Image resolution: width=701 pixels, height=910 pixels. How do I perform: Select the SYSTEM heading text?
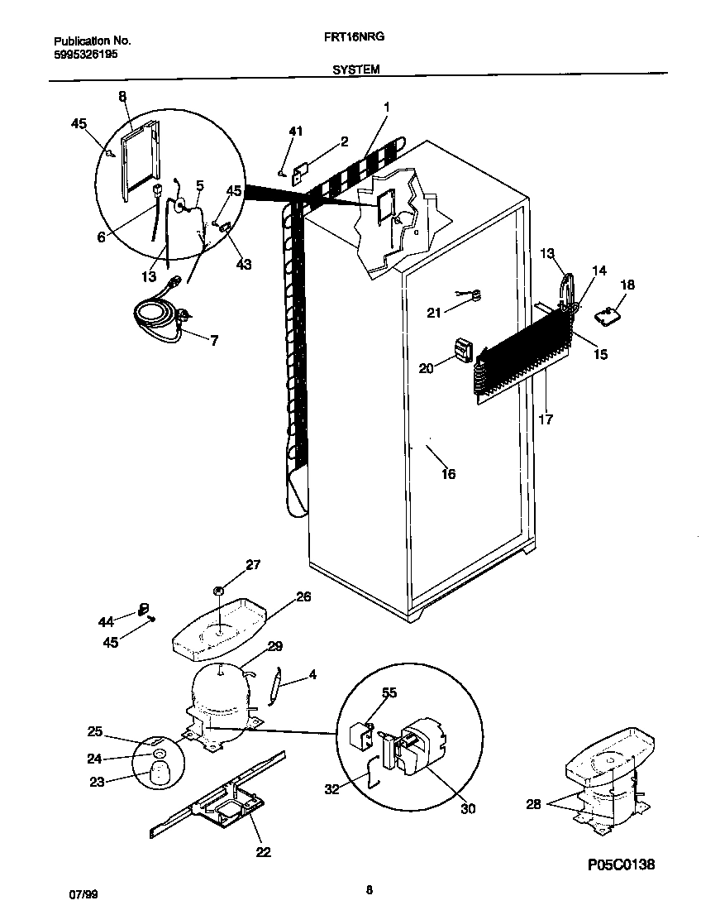(x=356, y=70)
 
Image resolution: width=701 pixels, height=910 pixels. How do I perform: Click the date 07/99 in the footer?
(x=79, y=895)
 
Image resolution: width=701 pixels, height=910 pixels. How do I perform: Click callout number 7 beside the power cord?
(x=214, y=341)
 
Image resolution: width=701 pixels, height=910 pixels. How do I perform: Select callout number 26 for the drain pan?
(x=303, y=596)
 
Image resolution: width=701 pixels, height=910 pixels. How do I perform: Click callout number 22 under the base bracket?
(x=263, y=852)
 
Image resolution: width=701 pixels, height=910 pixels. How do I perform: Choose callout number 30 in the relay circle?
(x=467, y=809)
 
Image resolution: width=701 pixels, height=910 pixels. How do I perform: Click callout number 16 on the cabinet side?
(x=448, y=474)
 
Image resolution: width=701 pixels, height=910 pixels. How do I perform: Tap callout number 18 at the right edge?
(x=627, y=285)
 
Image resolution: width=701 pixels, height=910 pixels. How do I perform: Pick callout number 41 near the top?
(x=296, y=132)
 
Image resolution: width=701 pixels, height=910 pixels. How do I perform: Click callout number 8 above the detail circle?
(x=122, y=97)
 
